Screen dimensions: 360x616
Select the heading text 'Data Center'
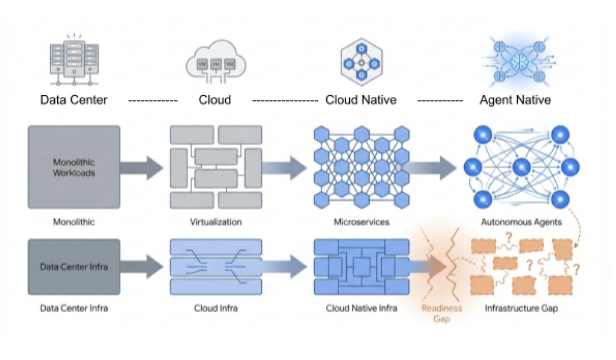point(73,100)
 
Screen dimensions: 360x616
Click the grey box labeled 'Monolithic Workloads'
point(73,167)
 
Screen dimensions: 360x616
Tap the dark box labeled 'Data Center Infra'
point(73,266)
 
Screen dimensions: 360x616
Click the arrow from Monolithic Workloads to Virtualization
point(142,167)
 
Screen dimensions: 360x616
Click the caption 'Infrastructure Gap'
point(521,309)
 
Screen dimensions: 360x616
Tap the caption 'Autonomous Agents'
point(521,222)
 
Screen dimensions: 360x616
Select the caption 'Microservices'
point(361,222)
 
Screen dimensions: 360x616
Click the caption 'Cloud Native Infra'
point(361,309)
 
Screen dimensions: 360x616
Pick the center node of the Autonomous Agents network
point(521,167)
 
